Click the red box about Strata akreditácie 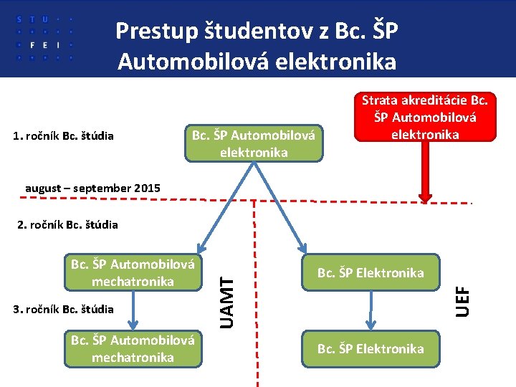pos(424,116)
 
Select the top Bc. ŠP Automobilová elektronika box pos(254,143)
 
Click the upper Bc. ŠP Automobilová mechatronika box pos(133,273)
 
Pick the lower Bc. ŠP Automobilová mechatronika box pos(133,348)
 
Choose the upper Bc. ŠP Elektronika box pos(371,273)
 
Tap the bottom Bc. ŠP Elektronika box pos(371,348)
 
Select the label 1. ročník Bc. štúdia pos(63,135)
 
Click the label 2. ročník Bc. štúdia pos(67,225)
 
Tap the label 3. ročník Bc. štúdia pos(63,310)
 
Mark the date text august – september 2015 pos(92,188)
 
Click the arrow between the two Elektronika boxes pos(371,310)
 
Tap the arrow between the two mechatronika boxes pos(133,310)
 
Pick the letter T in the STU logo pos(32,19)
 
